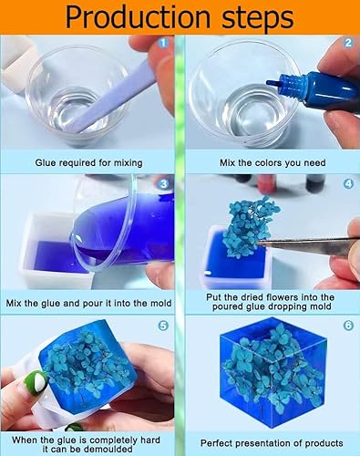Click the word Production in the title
click(x=138, y=16)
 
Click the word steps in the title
click(x=258, y=18)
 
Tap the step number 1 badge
click(x=163, y=43)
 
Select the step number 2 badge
click(x=348, y=43)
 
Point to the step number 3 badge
click(x=163, y=184)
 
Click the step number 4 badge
click(x=348, y=184)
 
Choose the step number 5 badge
click(x=163, y=326)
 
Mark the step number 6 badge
click(x=348, y=326)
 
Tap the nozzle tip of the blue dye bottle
click(x=269, y=82)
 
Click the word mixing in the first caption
click(x=128, y=163)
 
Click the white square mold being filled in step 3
click(x=55, y=253)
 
